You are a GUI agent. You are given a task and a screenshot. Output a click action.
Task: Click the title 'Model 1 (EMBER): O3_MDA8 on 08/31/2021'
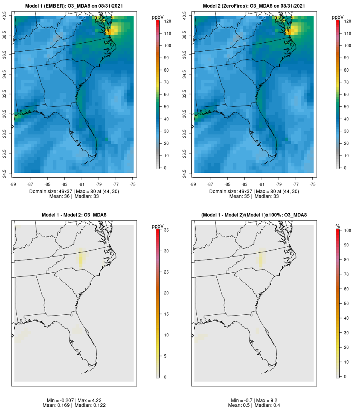[x=74, y=6]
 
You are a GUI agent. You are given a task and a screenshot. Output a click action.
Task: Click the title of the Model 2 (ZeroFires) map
[x=254, y=6]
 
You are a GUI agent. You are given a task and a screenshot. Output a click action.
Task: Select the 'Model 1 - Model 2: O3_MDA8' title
[x=74, y=215]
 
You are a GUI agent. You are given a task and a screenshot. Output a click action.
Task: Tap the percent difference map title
[x=254, y=215]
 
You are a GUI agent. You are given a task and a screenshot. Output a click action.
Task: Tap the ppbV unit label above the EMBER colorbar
[x=158, y=17]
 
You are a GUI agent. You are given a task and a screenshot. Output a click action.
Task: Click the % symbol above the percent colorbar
[x=338, y=226]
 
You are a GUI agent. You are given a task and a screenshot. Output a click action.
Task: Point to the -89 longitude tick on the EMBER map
[x=14, y=184]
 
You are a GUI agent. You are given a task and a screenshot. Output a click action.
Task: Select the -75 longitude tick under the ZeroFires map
[x=313, y=184]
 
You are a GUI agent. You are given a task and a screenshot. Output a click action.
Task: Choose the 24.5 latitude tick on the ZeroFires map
[x=184, y=173]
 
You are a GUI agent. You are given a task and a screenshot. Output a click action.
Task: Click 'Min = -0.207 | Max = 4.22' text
[x=74, y=400]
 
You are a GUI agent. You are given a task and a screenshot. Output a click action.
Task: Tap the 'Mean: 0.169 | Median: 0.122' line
[x=74, y=406]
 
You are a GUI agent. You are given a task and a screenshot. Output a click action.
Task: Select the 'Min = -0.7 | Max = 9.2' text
[x=254, y=400]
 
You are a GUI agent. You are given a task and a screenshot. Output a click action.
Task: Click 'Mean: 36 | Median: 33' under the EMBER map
[x=74, y=196]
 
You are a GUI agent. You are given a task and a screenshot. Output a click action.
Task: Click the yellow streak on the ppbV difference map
[x=81, y=258]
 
